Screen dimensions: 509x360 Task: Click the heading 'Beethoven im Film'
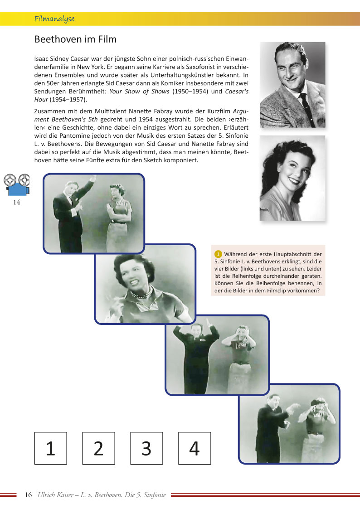click(75, 39)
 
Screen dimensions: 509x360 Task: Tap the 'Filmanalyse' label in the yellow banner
click(54, 19)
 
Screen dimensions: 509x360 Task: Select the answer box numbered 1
click(50, 448)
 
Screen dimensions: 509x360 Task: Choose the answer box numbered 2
click(98, 448)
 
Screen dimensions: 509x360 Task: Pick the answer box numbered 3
click(146, 448)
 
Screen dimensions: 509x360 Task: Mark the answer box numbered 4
click(194, 448)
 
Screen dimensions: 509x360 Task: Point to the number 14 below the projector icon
click(16, 203)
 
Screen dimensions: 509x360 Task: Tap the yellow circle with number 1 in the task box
click(218, 254)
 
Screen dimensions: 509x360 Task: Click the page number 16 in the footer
click(28, 494)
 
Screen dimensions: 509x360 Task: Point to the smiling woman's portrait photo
click(292, 178)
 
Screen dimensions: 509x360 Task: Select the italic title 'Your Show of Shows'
click(139, 91)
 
